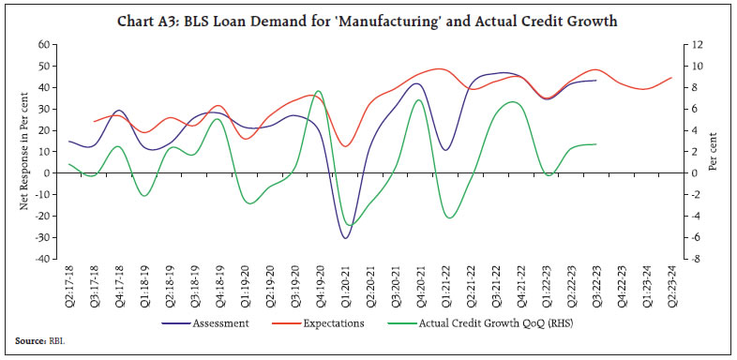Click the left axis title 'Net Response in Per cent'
click(x=25, y=153)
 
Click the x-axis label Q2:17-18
click(x=69, y=285)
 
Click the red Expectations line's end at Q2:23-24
click(x=671, y=78)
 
